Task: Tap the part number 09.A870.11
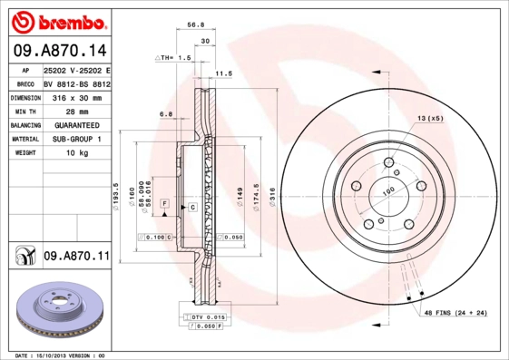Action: pos(76,258)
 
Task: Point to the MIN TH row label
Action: pos(24,112)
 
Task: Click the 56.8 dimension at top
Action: pos(192,26)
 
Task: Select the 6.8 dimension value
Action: pos(166,114)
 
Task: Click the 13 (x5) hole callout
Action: pos(430,119)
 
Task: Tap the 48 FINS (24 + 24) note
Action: pos(455,313)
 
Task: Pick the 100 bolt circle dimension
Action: pos(387,191)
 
